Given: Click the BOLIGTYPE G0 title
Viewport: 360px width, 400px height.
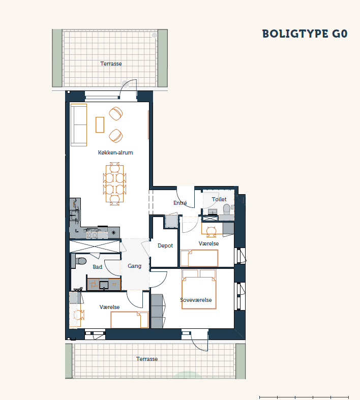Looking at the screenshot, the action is click(x=305, y=34).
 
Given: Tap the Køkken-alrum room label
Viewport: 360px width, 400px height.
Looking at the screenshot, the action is click(x=115, y=152).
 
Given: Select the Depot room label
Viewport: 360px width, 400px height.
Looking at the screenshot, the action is click(x=165, y=245).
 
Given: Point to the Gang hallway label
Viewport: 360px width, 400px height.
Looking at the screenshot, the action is click(x=134, y=266).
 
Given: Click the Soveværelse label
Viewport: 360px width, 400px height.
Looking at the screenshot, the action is click(x=196, y=300).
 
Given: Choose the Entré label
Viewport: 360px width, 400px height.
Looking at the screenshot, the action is click(x=180, y=203).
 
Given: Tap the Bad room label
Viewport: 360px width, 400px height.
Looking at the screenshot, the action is click(x=97, y=267).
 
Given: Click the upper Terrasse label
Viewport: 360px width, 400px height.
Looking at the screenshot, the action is click(x=111, y=64).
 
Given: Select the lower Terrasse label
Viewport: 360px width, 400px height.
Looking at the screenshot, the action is click(x=147, y=359).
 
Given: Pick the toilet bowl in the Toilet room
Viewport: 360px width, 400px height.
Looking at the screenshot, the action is click(x=227, y=209).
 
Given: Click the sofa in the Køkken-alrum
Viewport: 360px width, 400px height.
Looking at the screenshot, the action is click(x=79, y=125).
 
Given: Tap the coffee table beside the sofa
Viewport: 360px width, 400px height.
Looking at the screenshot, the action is click(x=100, y=125).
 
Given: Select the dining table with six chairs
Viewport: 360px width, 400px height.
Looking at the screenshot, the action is click(x=114, y=183).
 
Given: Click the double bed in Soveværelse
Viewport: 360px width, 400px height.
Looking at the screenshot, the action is click(x=199, y=289).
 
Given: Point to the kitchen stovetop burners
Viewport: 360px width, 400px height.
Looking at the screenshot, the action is click(x=92, y=233).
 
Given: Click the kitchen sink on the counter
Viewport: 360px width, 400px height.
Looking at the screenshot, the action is click(x=75, y=215).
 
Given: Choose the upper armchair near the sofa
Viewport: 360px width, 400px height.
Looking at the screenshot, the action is click(x=116, y=113).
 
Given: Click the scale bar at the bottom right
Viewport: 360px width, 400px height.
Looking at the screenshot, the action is click(x=304, y=397).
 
